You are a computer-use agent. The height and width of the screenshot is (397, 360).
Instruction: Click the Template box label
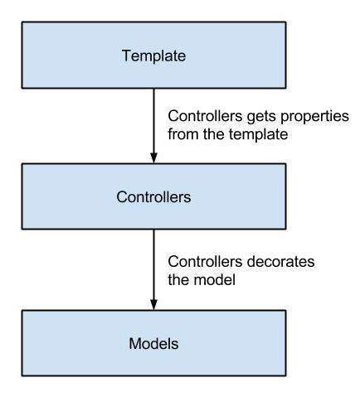[153, 56]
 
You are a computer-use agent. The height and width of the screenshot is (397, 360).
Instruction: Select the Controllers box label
[153, 197]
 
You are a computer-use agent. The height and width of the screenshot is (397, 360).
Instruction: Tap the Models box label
[153, 344]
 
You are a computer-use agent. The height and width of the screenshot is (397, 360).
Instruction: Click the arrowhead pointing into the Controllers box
[153, 158]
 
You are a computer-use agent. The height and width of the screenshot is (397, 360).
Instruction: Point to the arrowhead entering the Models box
[153, 305]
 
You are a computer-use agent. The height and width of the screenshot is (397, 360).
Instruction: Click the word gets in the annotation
[261, 117]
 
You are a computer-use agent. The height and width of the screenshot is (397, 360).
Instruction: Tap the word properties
[314, 117]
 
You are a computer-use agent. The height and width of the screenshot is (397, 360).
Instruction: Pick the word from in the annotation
[183, 134]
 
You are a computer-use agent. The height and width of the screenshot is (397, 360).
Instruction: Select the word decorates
[280, 261]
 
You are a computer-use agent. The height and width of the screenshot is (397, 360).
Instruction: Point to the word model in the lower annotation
[214, 279]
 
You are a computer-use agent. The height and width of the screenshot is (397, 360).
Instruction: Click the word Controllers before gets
[205, 116]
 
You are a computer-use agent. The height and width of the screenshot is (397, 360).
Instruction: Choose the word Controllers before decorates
[205, 261]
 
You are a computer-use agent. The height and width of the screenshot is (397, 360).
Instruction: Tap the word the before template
[213, 134]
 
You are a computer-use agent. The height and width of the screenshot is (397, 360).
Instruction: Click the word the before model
[178, 279]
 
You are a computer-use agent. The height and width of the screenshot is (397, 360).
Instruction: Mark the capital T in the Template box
[127, 56]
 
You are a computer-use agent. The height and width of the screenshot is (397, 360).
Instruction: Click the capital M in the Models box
[135, 344]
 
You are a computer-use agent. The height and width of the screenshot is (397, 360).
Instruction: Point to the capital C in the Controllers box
[122, 197]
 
